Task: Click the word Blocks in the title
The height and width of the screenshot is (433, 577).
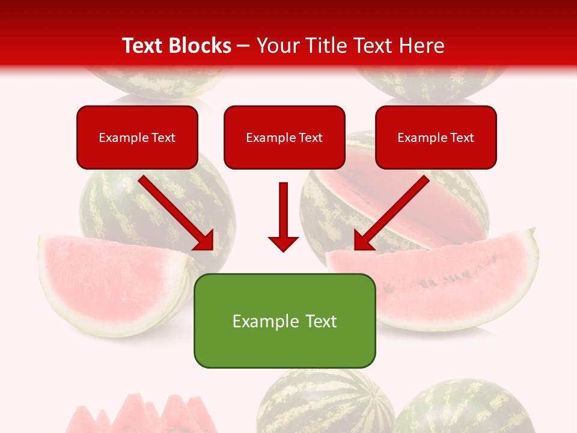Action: click(201, 46)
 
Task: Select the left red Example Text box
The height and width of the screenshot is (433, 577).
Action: click(137, 138)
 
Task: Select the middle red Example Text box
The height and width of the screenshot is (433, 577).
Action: click(284, 138)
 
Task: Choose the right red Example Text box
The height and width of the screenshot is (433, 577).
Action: click(436, 138)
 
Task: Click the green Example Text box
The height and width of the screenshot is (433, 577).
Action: click(284, 321)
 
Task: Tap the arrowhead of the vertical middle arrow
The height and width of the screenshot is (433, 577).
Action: click(284, 244)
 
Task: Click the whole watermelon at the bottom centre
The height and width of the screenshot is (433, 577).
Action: click(325, 403)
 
